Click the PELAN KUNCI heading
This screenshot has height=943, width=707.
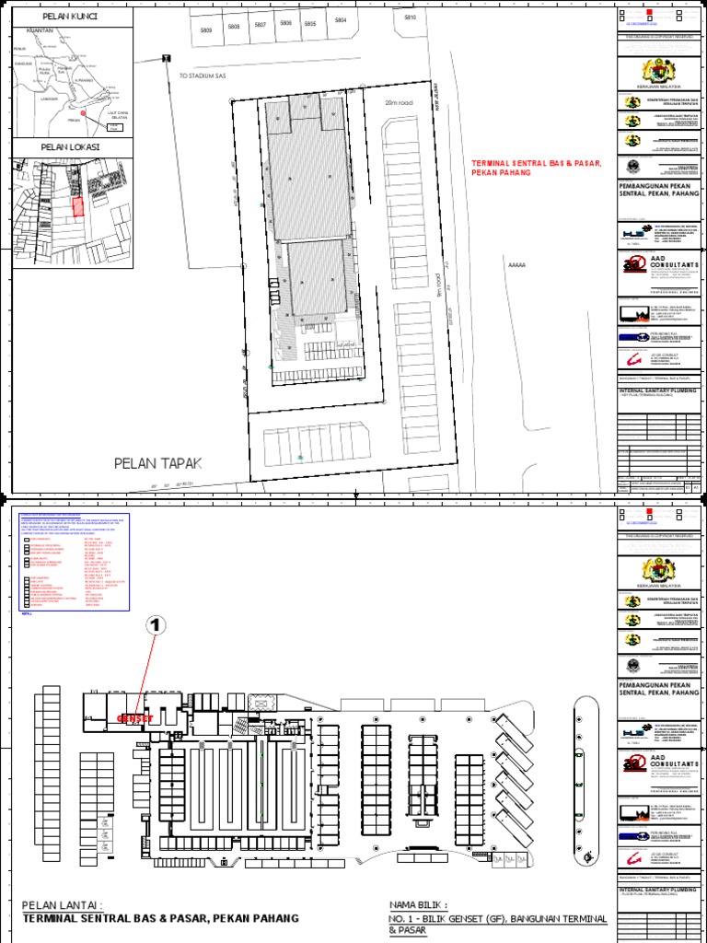pyautogui.click(x=72, y=17)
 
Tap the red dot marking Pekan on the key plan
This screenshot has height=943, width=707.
pyautogui.click(x=83, y=114)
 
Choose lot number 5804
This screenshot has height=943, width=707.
pyautogui.click(x=341, y=20)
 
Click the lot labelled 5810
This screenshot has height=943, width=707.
pyautogui.click(x=410, y=17)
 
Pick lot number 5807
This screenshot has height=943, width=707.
pyautogui.click(x=261, y=25)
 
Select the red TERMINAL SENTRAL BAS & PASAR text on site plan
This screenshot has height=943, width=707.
pyautogui.click(x=536, y=167)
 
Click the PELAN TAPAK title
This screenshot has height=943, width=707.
pyautogui.click(x=156, y=462)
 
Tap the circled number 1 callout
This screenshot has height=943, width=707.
pyautogui.click(x=157, y=626)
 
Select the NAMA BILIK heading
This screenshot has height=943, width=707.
pyautogui.click(x=420, y=905)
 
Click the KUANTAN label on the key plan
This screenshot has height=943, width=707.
pyautogui.click(x=40, y=30)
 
